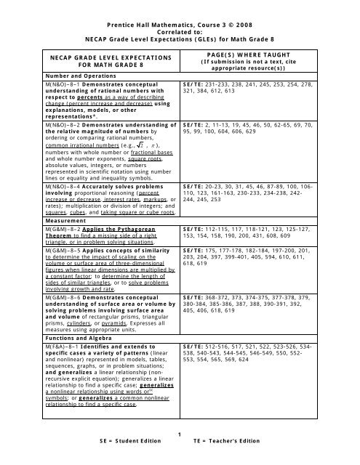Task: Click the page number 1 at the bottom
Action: (x=180, y=453)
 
